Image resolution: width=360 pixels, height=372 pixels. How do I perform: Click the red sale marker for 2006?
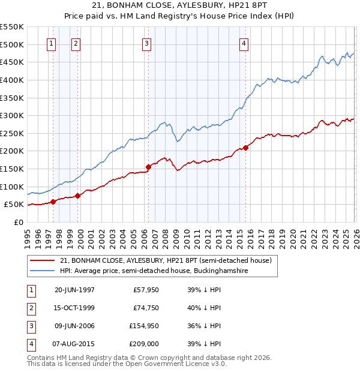[x=148, y=167]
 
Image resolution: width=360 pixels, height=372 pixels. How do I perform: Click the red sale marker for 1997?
[x=53, y=202]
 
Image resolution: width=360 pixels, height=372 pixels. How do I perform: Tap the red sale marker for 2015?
[x=245, y=148]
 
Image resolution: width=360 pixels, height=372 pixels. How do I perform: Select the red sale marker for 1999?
[x=77, y=196]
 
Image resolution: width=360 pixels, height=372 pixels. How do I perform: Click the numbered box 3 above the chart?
[x=147, y=43]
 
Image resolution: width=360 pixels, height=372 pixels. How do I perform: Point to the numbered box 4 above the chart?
[x=244, y=43]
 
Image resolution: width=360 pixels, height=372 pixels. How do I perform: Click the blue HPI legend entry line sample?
[x=43, y=271]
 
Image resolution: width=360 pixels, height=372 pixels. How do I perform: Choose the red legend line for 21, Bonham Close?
[x=43, y=260]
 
